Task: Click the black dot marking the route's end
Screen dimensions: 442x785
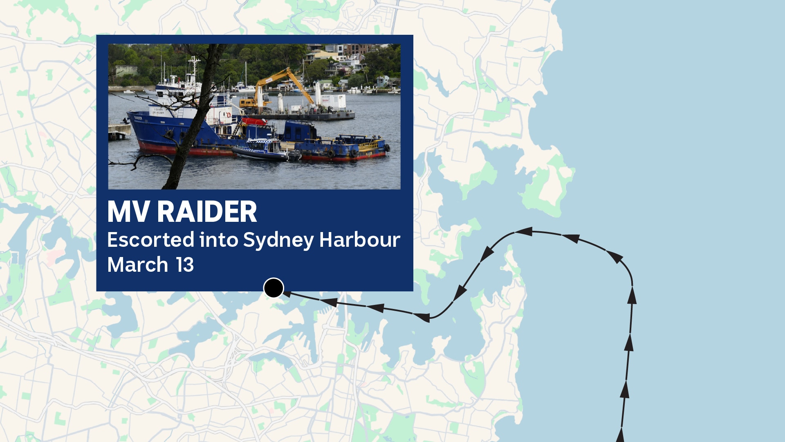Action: point(274,288)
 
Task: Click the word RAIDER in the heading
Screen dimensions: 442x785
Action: point(207,212)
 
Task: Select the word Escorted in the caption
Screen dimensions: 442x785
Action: point(150,240)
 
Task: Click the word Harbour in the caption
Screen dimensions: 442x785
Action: point(359,240)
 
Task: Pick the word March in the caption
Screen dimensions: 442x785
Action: point(137,265)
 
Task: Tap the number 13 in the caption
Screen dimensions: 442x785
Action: point(185,265)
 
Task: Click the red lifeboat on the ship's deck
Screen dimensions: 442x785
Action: point(254,122)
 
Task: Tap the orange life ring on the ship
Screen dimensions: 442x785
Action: point(229,115)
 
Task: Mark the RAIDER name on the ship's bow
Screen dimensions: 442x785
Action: point(138,118)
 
